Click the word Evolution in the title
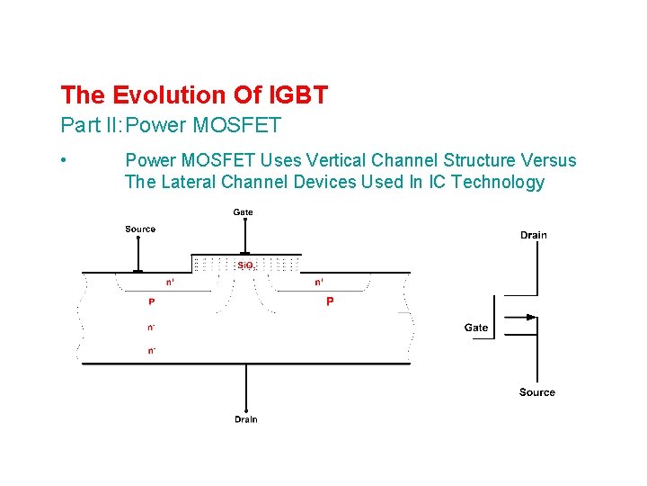tap(158, 94)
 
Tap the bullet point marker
tap(64, 160)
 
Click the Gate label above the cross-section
tap(243, 212)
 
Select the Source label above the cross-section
tap(140, 229)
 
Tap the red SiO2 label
tap(245, 265)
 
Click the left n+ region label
tap(170, 282)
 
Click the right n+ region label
tap(319, 282)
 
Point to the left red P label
tap(151, 302)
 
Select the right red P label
tap(330, 302)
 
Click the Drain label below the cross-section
tap(245, 419)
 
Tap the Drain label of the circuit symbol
tap(533, 236)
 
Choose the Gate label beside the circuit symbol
tap(476, 328)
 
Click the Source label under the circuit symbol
tap(536, 392)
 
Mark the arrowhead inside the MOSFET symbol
tap(532, 317)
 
